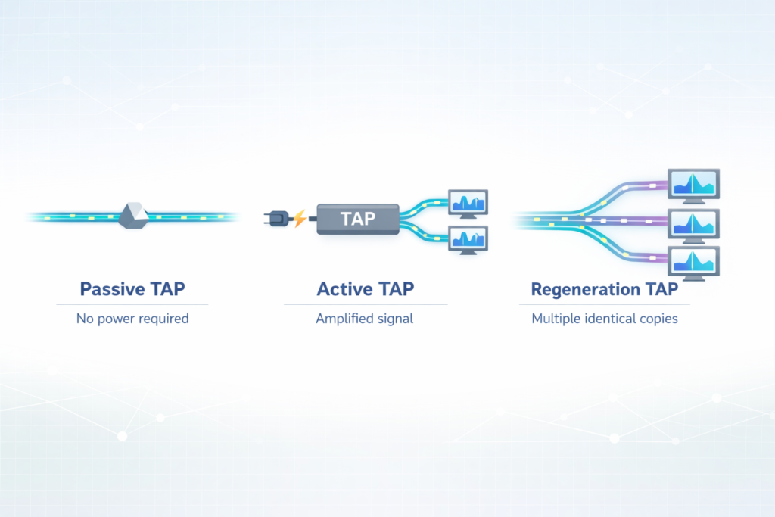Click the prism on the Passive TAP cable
pos(132,216)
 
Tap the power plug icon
pos(276,218)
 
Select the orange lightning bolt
pos(300,219)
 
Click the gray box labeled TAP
pos(357,219)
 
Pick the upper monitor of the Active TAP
pos(468,204)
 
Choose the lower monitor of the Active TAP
pos(468,238)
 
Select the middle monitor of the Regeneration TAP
pos(693,224)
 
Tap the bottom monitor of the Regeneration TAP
pos(693,262)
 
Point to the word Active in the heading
pos(344,289)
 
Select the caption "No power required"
pos(132,319)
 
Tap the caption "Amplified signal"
pos(365,319)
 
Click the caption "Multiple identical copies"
pos(604,319)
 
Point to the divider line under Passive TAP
pos(132,304)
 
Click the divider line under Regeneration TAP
pos(604,304)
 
